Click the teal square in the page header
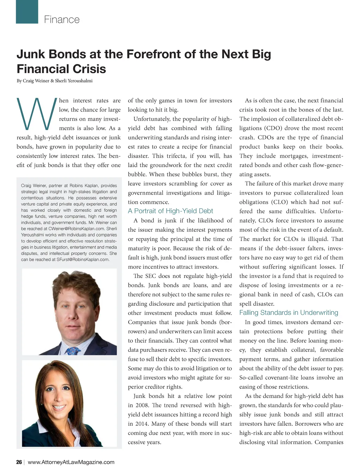pos(27,12)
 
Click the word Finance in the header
pos(62,20)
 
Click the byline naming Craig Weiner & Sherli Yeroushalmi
pos(54,81)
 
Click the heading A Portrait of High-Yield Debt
pos(171,211)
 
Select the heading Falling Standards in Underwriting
pos(289,313)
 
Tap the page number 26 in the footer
pos(19,462)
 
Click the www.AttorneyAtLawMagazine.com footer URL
pos(71,462)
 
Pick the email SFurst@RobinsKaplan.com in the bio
pos(83,260)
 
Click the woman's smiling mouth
pos(59,408)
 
